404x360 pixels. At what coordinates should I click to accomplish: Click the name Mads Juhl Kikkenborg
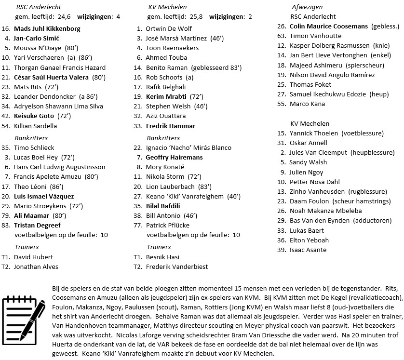(47, 28)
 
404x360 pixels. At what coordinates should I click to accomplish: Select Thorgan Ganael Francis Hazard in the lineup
(59, 67)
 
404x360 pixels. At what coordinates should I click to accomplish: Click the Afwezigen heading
(307, 7)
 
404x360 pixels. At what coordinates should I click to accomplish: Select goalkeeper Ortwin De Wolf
(168, 28)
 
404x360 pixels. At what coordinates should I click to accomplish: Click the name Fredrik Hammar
(171, 126)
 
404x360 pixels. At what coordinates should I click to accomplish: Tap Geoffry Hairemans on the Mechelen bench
(174, 157)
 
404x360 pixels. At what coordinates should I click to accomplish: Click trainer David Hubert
(33, 257)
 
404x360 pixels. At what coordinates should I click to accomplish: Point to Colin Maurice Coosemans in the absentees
(328, 26)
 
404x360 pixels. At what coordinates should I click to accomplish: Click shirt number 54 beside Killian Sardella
(6, 126)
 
